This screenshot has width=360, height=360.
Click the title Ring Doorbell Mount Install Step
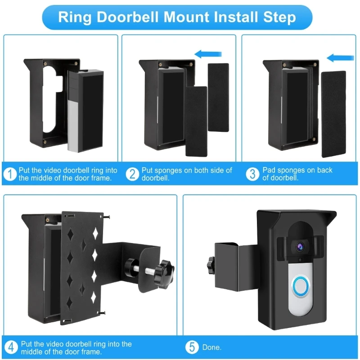(x=177, y=17)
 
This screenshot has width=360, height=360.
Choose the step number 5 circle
(x=193, y=347)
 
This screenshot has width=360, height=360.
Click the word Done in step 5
(x=211, y=348)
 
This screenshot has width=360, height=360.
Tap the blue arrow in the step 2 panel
(x=209, y=54)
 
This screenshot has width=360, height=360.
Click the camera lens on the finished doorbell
(x=297, y=246)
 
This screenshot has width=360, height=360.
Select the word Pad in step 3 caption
(x=269, y=170)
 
